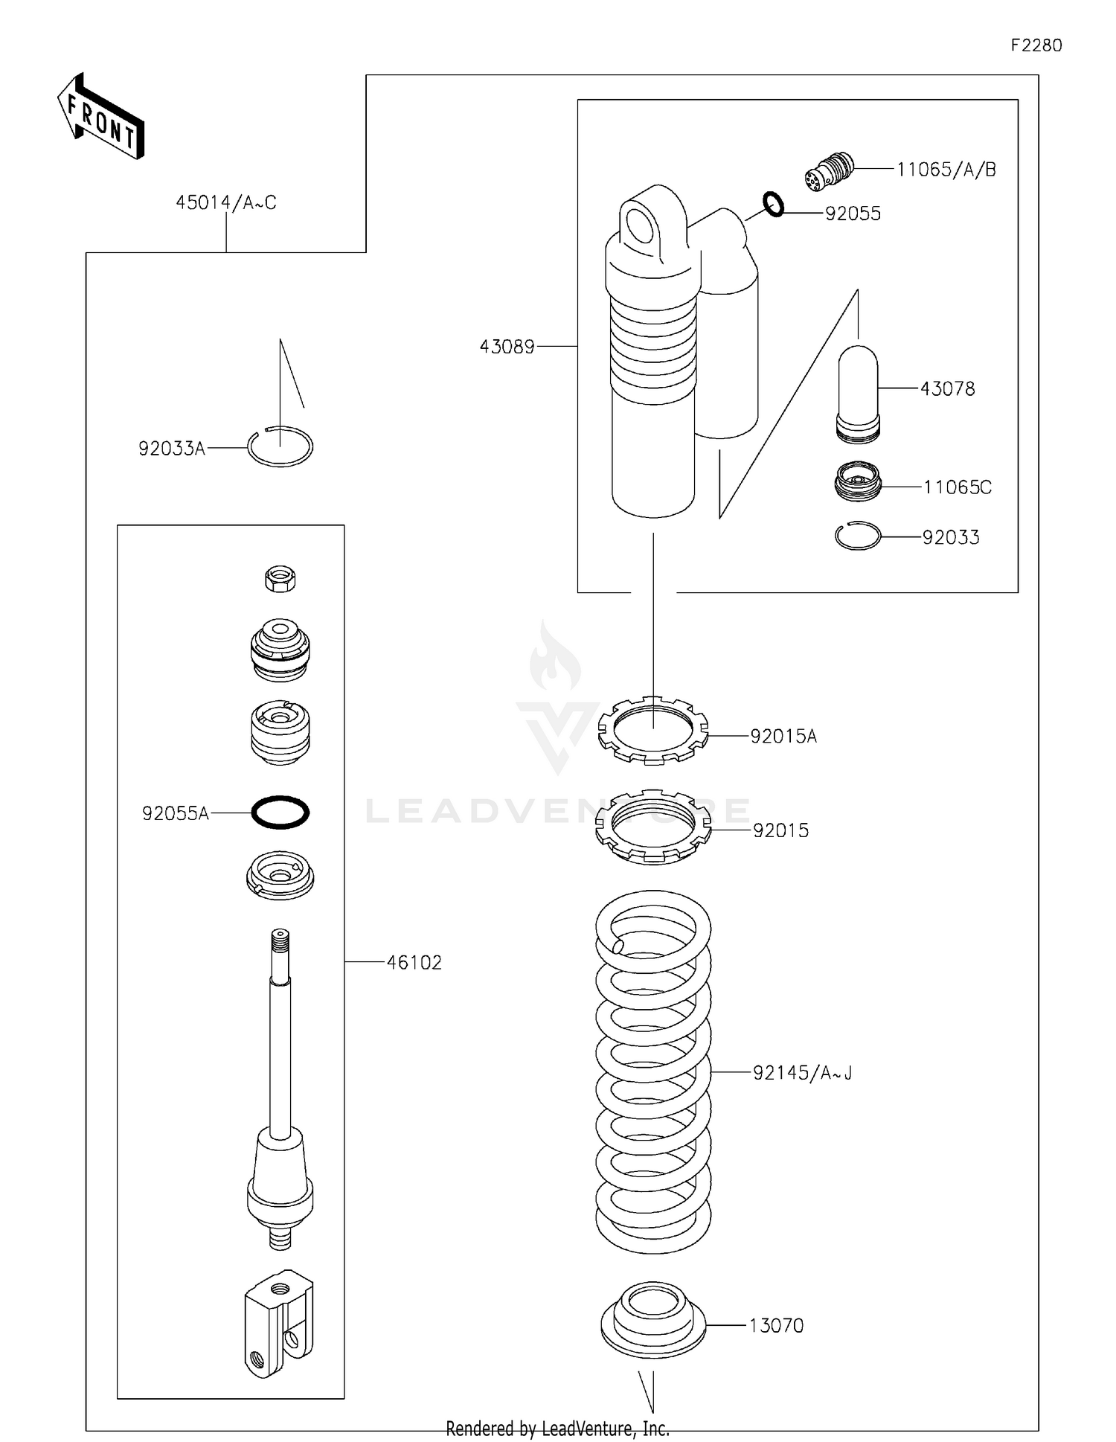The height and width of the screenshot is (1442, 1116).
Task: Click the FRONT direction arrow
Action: point(100,118)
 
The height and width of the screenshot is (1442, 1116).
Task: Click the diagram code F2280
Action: point(1036,45)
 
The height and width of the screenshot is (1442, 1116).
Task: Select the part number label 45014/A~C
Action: point(225,202)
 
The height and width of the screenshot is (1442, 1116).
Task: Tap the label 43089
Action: point(507,347)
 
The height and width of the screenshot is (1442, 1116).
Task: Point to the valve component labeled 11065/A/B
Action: point(830,170)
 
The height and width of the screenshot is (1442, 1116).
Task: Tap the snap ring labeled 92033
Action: point(858,536)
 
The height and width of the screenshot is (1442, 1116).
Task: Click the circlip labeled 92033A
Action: point(280,446)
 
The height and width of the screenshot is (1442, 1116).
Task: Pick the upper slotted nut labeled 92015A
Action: point(653,731)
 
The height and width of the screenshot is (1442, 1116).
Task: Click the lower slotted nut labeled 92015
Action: point(653,827)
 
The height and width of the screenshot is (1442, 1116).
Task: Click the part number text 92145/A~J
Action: point(802,1073)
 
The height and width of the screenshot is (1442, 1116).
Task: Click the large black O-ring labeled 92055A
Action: point(280,812)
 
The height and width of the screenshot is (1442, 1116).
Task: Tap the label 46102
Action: point(414,963)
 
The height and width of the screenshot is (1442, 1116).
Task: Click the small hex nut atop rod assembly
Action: point(280,578)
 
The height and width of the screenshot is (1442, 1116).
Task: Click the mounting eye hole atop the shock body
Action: point(639,225)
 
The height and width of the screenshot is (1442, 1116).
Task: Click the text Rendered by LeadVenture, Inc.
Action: point(557,1429)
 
